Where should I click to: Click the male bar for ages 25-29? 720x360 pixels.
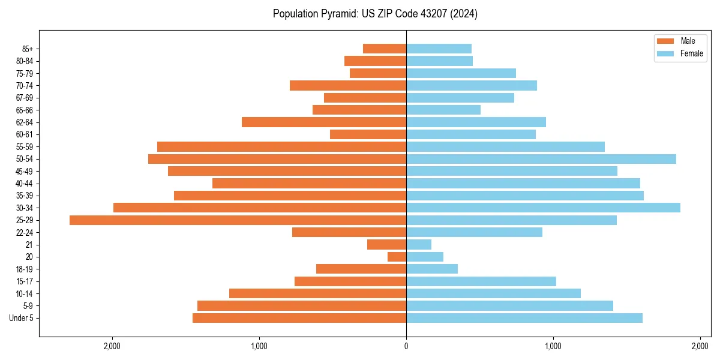click(x=238, y=220)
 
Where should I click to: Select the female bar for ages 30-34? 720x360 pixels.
click(x=543, y=208)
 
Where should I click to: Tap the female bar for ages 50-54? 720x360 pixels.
click(x=541, y=159)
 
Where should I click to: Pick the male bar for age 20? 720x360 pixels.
click(x=397, y=257)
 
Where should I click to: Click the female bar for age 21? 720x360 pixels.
click(x=419, y=245)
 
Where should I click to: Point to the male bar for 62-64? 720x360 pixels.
click(x=324, y=122)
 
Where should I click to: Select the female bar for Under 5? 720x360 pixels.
click(x=524, y=318)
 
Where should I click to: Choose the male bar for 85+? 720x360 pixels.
click(x=385, y=49)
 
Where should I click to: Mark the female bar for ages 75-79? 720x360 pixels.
click(x=461, y=73)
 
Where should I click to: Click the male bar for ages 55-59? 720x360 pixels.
click(x=281, y=147)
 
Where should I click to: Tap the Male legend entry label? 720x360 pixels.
click(x=688, y=41)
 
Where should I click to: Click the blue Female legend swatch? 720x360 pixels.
click(x=666, y=53)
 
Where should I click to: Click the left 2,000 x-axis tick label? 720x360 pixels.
click(x=112, y=346)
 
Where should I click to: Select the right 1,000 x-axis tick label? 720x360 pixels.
click(x=553, y=346)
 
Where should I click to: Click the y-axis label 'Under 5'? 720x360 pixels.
click(x=22, y=318)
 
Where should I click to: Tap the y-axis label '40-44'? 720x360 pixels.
click(x=25, y=184)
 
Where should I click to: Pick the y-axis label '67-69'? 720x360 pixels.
click(x=25, y=98)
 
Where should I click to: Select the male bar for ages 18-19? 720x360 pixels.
click(x=361, y=269)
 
